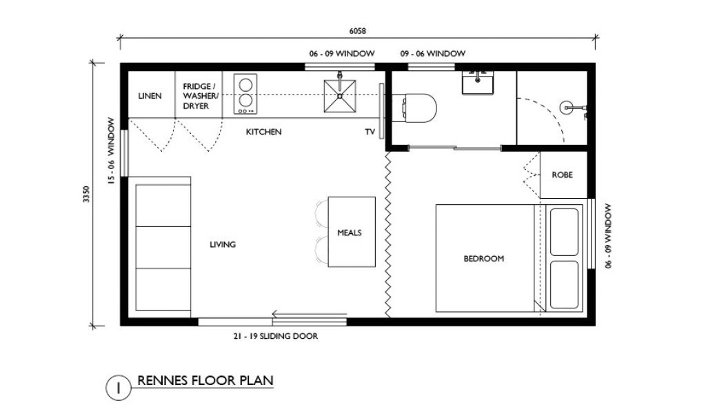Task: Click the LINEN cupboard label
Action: [150, 96]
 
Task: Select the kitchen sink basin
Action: [340, 96]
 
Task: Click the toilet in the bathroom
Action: [414, 108]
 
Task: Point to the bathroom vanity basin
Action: [478, 82]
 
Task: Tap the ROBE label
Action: [563, 175]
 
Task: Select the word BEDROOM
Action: [483, 259]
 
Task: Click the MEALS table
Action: [352, 232]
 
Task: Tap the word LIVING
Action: [223, 245]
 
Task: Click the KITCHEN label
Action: [264, 132]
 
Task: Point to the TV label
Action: [370, 132]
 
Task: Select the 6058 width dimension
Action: [358, 31]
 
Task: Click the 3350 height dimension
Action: [86, 194]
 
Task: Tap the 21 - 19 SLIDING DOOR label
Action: [276, 336]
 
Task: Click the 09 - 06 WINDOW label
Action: [433, 54]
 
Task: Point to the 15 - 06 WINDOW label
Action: [111, 151]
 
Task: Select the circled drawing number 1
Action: [119, 388]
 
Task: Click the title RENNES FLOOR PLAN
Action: [205, 381]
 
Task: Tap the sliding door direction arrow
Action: [310, 314]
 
